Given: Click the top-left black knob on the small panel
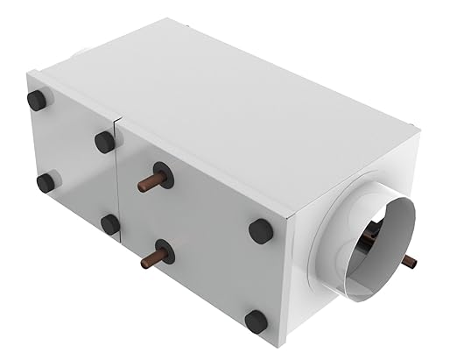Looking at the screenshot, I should point(36,101).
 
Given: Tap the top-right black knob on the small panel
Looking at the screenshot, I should point(105,141).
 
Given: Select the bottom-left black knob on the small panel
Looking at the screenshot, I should point(46,182).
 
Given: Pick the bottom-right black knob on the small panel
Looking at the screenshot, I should point(110,224).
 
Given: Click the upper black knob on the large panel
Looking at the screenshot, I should point(261,231).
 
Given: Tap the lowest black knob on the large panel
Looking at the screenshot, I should point(256,321).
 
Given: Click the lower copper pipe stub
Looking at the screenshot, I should point(152,261).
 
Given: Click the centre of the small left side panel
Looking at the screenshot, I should point(74,162).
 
